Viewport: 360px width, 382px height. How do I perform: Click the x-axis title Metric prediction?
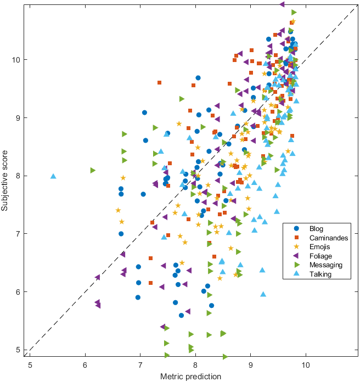(x=190, y=377)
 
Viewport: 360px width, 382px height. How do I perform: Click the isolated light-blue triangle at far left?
(x=53, y=176)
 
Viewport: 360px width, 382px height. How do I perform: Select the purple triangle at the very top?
(x=282, y=4)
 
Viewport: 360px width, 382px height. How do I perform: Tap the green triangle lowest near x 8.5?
(x=225, y=357)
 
